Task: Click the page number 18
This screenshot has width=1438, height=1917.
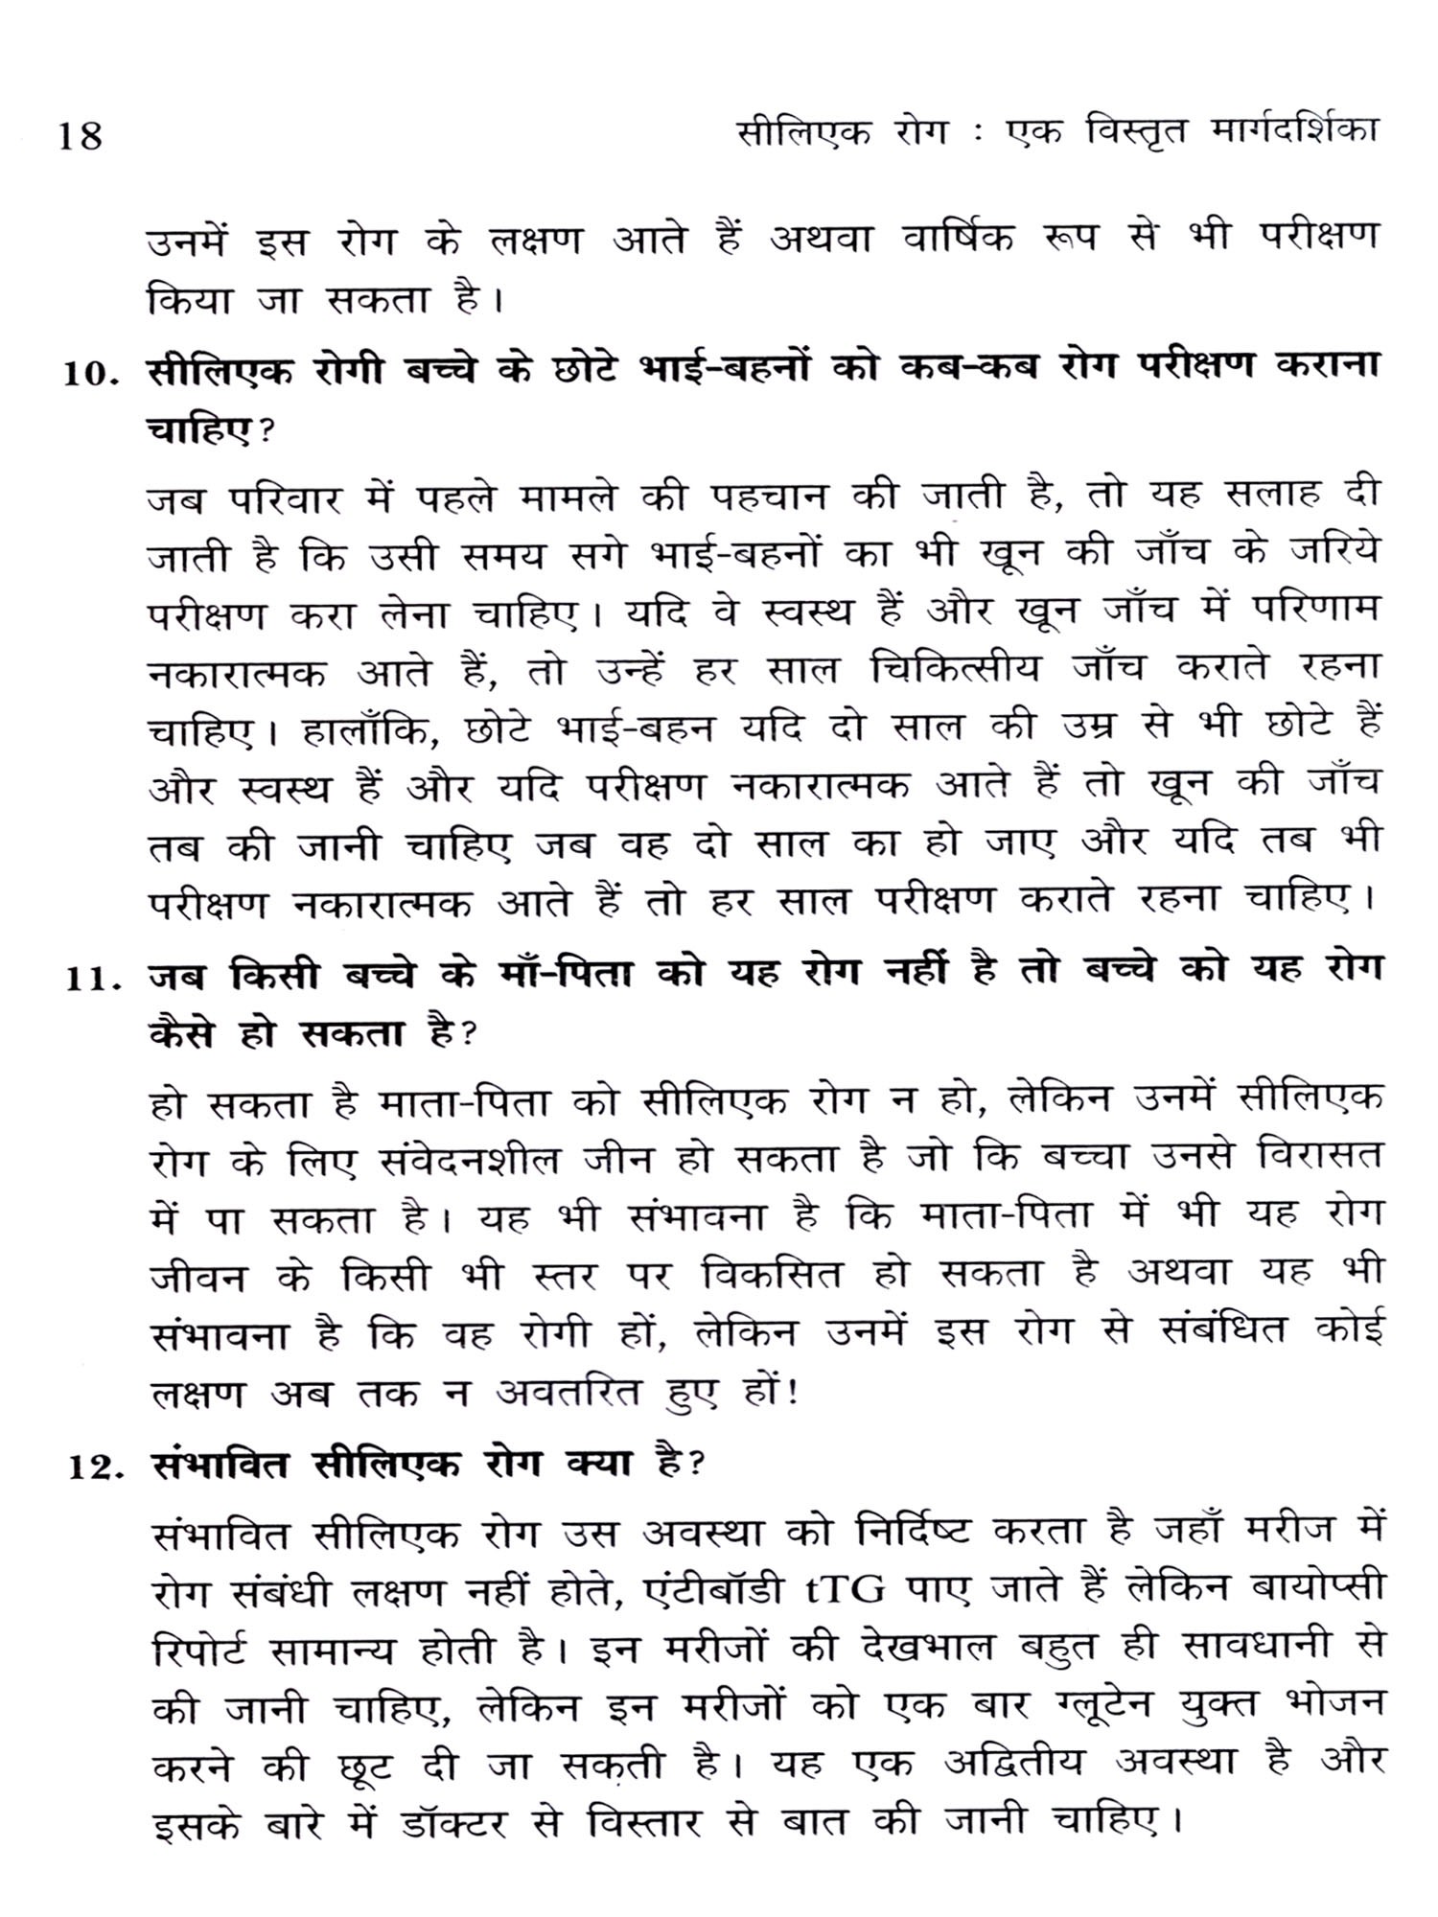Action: point(80,135)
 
